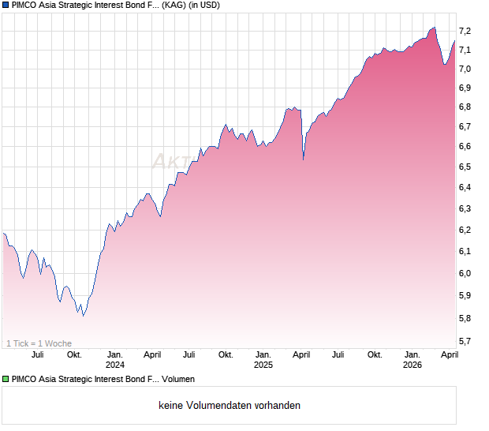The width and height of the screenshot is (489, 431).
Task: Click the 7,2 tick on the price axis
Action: coord(465,31)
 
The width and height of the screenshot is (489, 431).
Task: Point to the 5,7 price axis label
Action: coord(465,341)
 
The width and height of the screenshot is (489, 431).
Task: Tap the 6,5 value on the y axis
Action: coord(465,167)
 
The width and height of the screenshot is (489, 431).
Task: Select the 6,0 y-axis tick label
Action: coord(465,273)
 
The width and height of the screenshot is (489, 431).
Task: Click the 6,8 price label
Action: coord(465,107)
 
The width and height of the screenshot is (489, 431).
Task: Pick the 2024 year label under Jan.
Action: coord(115,365)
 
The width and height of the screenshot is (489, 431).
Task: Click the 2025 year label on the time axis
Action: coord(263,365)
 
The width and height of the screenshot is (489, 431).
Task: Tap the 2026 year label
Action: coord(412,365)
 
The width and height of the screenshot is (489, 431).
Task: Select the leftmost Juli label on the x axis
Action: coord(37,354)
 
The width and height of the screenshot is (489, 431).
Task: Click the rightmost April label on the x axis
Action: coord(449,354)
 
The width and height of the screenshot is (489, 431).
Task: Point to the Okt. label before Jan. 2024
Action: coord(74,354)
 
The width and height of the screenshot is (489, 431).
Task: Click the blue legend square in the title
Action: coord(6,6)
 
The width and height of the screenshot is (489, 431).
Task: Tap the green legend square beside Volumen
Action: coord(6,380)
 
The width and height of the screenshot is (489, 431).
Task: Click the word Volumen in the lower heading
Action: coord(178,380)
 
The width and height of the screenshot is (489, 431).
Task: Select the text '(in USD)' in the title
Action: coord(203,6)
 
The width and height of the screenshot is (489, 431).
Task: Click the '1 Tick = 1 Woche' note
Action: coord(39,343)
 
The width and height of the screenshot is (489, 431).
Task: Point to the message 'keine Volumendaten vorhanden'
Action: coord(229,405)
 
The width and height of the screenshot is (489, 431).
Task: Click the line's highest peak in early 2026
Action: coord(433,28)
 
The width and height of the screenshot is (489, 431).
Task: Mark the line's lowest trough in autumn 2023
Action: coord(83,315)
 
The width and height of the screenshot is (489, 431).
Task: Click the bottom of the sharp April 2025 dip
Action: coord(304,159)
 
